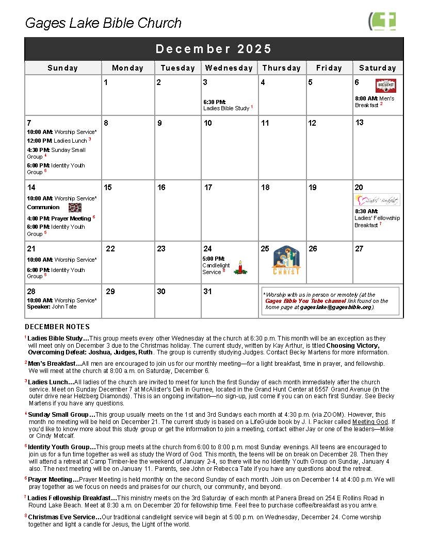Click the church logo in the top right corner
click(382, 22)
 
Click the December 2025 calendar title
click(214, 49)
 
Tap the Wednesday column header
click(229, 68)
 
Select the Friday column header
click(329, 68)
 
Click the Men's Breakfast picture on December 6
click(385, 86)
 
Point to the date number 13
click(360, 123)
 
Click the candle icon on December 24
click(240, 267)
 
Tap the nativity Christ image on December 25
click(286, 261)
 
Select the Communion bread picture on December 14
click(75, 207)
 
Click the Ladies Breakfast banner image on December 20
click(377, 200)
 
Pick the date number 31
click(207, 292)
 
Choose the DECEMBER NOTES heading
click(57, 327)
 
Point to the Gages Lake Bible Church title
click(103, 23)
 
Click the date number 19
click(312, 188)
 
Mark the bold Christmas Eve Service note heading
click(64, 516)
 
